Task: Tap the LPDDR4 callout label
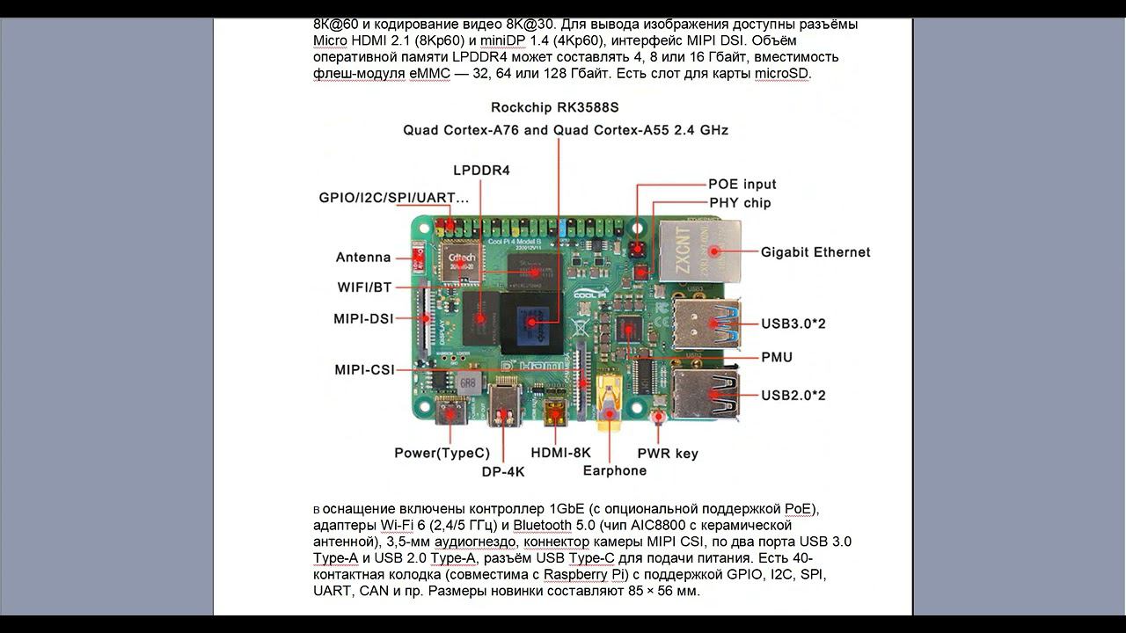[x=481, y=171]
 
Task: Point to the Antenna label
[x=363, y=258]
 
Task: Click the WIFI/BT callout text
[x=364, y=287]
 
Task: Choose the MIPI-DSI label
[x=363, y=319]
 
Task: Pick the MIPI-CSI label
[x=364, y=370]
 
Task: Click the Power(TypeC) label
[x=442, y=454]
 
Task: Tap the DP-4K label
[x=503, y=471]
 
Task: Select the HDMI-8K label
[x=561, y=453]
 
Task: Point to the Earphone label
[x=614, y=470]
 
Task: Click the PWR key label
[x=668, y=454]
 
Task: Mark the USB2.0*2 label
[x=793, y=396]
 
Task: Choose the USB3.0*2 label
[x=793, y=324]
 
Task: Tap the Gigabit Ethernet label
[x=815, y=252]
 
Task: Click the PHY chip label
[x=740, y=203]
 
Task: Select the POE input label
[x=742, y=185]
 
